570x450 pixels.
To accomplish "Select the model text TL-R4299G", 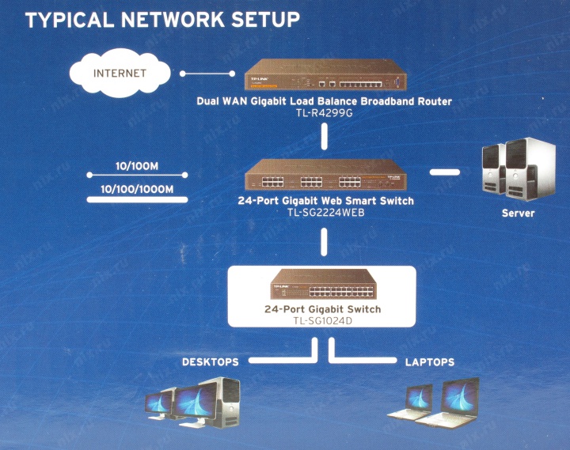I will (x=325, y=113).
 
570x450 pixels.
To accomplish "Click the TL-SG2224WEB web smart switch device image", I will (x=325, y=174).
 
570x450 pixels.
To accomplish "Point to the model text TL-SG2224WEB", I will (x=325, y=213).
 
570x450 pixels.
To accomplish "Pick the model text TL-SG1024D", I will (x=322, y=320).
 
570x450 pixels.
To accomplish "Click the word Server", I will (x=519, y=213).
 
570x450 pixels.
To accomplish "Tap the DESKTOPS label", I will (x=210, y=362).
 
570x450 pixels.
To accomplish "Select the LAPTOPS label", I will (x=430, y=362).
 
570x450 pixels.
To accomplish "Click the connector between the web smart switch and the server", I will (x=445, y=171).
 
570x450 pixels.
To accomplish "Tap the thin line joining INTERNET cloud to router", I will (x=204, y=74).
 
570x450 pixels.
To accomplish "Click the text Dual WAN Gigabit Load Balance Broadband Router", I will (x=325, y=102).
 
